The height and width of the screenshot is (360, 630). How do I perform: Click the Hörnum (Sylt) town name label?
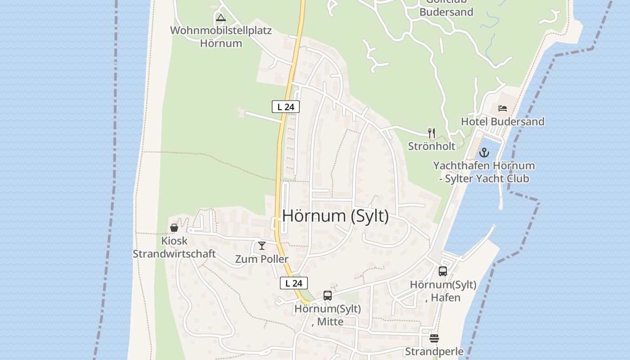point(335,216)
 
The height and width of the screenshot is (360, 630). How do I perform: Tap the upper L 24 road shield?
point(286,107)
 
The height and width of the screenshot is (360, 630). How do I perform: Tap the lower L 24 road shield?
point(294,283)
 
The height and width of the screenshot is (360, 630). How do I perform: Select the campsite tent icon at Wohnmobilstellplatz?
point(220,18)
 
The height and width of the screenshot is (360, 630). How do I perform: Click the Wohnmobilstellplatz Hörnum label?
point(221,37)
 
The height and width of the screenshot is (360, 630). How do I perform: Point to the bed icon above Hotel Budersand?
point(503,108)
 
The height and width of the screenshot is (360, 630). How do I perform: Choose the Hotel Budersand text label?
point(503,121)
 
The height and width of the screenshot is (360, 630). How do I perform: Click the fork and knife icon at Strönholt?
point(432,133)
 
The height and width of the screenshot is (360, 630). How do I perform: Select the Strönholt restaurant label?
point(432,146)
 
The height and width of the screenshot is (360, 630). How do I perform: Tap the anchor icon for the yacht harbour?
point(484,153)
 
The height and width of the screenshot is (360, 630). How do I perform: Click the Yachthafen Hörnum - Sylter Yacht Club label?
point(484,172)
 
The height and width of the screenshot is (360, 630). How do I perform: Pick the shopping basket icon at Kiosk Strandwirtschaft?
point(174,228)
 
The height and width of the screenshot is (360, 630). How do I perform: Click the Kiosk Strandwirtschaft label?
point(174,247)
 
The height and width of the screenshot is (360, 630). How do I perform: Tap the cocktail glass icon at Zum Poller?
point(262,246)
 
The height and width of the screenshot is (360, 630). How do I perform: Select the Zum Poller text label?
point(262,259)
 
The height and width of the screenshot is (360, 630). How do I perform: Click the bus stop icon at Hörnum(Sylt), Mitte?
point(328,296)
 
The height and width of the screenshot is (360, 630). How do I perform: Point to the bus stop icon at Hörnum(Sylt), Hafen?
point(443,271)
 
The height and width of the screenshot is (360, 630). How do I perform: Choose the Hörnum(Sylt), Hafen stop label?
point(443,291)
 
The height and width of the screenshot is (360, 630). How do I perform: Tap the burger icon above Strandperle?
point(434,338)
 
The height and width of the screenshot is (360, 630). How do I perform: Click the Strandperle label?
point(434,351)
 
